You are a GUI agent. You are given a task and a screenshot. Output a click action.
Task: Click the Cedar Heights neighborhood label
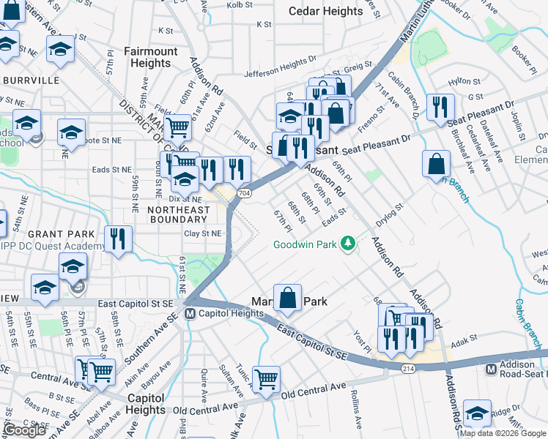[326, 11]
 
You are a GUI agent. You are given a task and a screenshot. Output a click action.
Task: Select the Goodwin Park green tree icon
[349, 243]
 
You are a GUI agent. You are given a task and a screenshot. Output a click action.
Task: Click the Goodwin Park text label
[307, 245]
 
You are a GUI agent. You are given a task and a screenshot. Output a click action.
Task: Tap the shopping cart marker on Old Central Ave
[266, 378]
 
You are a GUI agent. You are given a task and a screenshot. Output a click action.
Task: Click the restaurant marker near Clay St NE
[118, 238]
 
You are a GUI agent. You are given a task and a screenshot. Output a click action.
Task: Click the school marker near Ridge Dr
[478, 413]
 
